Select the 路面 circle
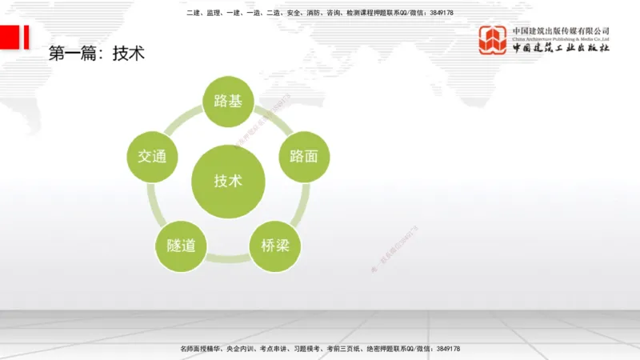click(x=303, y=155)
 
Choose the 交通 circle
click(x=153, y=155)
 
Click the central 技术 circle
click(x=228, y=181)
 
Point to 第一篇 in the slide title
click(x=74, y=54)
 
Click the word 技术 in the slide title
click(x=128, y=54)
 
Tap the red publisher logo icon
click(x=493, y=40)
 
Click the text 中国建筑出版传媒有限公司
click(x=561, y=30)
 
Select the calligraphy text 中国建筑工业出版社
click(x=561, y=49)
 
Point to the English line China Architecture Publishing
click(x=561, y=38)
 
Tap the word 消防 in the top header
click(x=309, y=13)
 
